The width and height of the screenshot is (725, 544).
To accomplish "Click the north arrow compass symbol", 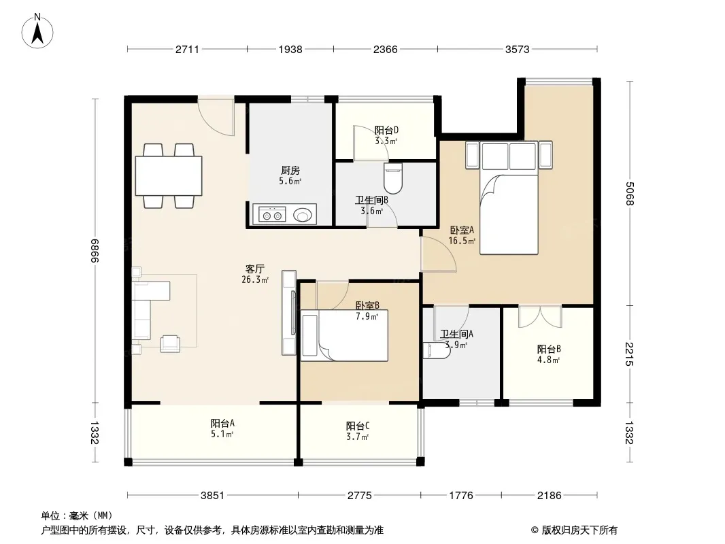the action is pos(37,31).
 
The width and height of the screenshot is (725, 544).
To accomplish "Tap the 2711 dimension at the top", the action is pos(187,49).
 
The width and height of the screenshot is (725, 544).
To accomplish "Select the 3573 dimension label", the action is pos(517,49).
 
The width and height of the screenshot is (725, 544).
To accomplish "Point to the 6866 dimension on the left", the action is pos(95,250).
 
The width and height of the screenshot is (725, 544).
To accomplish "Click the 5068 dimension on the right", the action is pos(629,193).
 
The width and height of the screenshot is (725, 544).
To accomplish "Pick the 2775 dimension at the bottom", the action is pos(359,496).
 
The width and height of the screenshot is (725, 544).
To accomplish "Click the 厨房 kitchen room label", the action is pos(290,171).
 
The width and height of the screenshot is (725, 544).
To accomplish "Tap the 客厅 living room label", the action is pos(255,269).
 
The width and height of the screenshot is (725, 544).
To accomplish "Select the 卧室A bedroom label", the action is pos(462,230).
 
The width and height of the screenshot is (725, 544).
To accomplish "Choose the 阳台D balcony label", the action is pos(386,131).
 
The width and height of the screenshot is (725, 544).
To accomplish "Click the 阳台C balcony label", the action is pos(358,426).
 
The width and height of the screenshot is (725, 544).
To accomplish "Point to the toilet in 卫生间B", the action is pos(393,178).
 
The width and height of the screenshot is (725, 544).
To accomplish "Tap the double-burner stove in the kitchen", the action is pos(272,214).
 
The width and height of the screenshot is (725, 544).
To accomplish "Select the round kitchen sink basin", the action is pos(303,215).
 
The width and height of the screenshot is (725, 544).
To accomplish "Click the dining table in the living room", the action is pos(168,175).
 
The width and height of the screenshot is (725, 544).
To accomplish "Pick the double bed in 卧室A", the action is pos(509,198).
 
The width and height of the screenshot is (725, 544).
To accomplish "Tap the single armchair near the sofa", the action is pos(170,343).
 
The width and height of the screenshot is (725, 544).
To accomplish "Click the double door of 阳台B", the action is pos(539,317).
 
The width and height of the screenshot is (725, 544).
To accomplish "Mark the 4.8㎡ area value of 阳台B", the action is pos(549,360).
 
